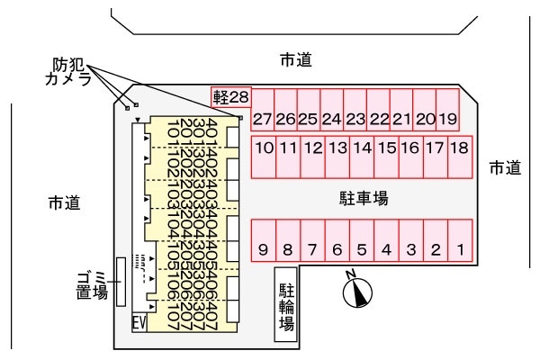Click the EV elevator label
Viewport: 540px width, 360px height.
click(139, 321)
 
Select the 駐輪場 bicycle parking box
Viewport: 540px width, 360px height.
click(287, 305)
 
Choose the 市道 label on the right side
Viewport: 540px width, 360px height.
click(505, 167)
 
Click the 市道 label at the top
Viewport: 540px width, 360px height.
click(295, 60)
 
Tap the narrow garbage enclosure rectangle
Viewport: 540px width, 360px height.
click(120, 281)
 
